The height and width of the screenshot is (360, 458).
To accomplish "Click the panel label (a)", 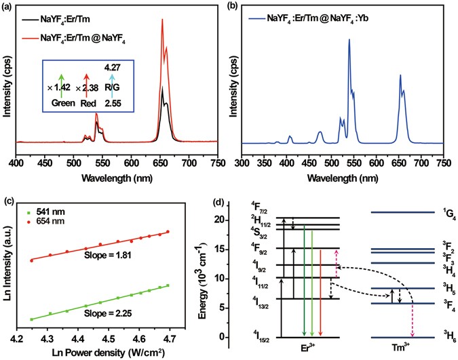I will pos(8,6).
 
